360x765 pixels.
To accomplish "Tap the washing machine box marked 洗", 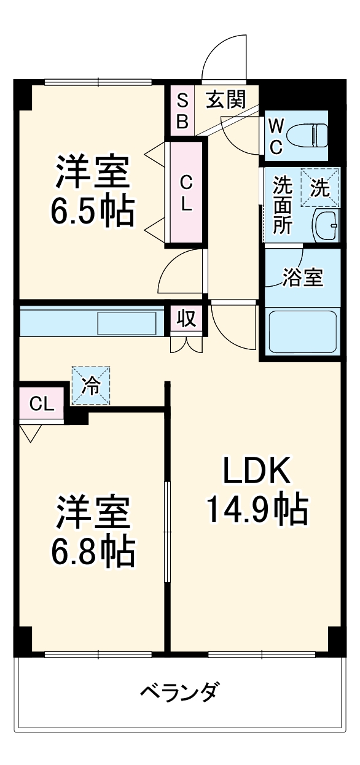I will [319, 187].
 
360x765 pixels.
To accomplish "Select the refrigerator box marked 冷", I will [91, 386].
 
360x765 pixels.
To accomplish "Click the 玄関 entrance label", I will [225, 99].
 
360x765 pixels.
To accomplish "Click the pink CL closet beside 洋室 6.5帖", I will [186, 192].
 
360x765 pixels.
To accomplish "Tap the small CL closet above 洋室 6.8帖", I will [41, 403].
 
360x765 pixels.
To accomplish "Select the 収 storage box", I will [186, 319].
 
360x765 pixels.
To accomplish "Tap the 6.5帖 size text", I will [93, 212].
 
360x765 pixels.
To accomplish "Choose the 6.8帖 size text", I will [93, 551].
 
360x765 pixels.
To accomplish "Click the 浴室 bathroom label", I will [302, 278].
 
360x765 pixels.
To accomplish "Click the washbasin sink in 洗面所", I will [326, 226].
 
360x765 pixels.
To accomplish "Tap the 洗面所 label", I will [283, 204].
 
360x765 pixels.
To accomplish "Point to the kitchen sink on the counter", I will [128, 323].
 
